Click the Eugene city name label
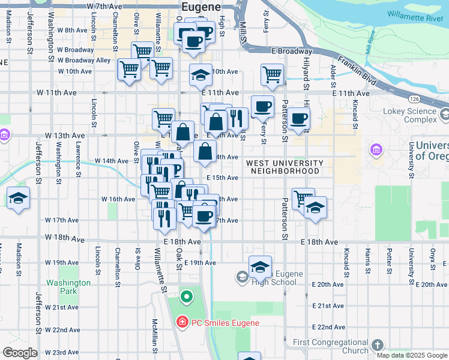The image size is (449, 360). (200, 7)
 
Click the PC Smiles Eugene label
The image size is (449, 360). (225, 323)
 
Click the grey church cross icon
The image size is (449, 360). (377, 345)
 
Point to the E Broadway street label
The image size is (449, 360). (291, 52)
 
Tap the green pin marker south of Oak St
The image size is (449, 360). (186, 296)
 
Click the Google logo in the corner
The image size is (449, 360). (20, 353)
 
